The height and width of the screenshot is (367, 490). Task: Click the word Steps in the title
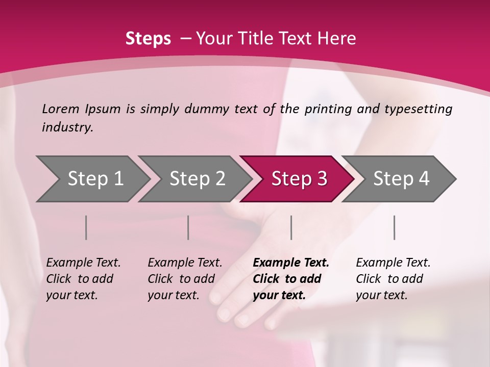pos(148,39)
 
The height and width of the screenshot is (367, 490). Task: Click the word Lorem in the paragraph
pos(60,109)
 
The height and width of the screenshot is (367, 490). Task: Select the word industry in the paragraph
pos(67,127)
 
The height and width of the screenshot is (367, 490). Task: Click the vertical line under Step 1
pos(86,227)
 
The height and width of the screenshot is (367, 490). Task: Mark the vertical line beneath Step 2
pos(188,227)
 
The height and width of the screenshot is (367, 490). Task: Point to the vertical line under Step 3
pos(291,227)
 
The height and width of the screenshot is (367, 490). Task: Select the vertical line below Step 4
pos(394,227)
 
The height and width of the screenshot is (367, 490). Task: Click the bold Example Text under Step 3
pos(291,263)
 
